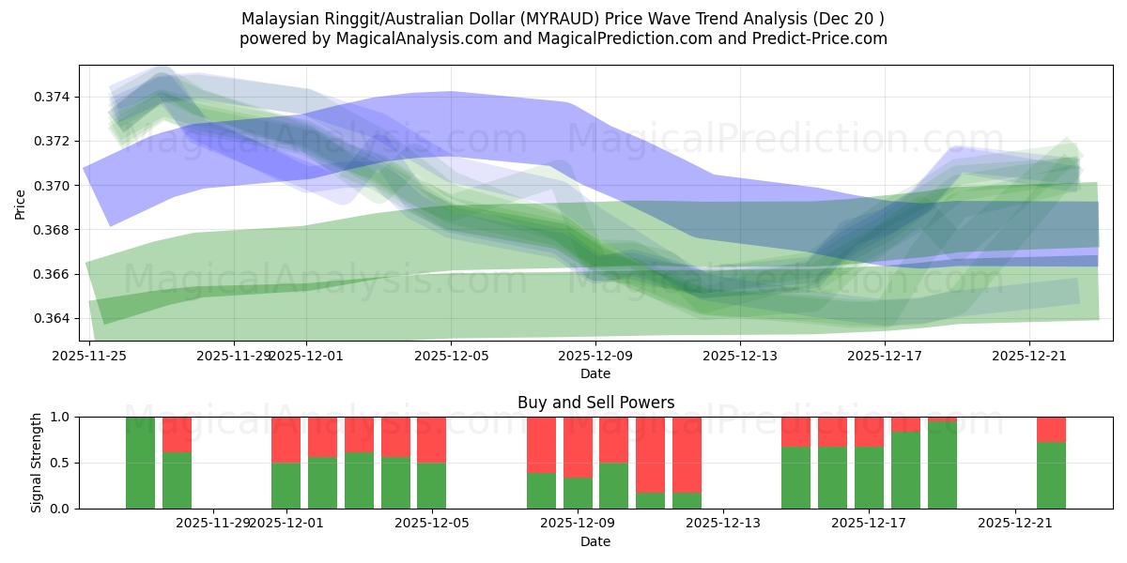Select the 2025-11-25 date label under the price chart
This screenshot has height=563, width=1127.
tap(90, 356)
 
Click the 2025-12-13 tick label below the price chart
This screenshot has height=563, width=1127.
tap(740, 356)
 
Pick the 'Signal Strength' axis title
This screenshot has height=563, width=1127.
tap(37, 463)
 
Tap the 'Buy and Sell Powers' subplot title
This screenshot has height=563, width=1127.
tap(595, 403)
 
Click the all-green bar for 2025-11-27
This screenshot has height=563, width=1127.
tap(140, 463)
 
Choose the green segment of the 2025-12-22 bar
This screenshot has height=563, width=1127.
tap(1051, 475)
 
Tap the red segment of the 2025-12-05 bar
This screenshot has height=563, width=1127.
tap(431, 439)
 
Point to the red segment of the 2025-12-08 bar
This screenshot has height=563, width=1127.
tap(541, 445)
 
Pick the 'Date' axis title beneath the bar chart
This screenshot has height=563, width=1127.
tap(595, 541)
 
